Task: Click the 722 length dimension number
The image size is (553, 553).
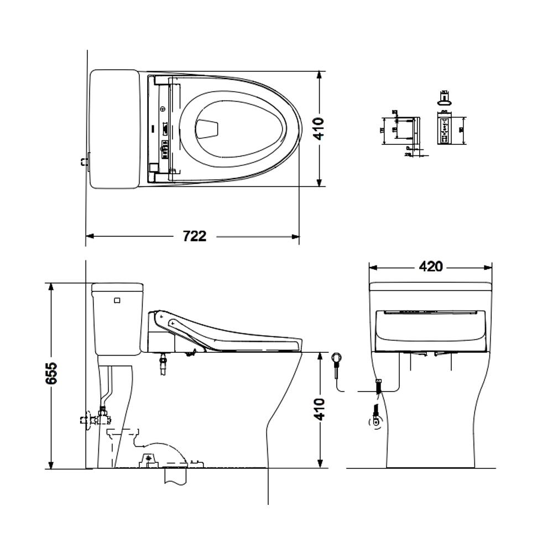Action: [195, 236]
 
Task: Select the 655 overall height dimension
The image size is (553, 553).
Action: [51, 375]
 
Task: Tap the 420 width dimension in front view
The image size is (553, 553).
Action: [430, 267]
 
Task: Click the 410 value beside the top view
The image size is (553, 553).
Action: [319, 129]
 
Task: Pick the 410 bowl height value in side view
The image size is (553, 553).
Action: [320, 409]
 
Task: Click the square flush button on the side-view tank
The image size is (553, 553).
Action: [117, 301]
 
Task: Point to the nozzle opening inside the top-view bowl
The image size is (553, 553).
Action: [207, 129]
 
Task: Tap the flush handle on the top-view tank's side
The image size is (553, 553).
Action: [85, 162]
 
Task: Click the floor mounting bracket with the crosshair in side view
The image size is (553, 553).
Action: [148, 459]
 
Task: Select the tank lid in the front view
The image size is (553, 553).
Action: [430, 286]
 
